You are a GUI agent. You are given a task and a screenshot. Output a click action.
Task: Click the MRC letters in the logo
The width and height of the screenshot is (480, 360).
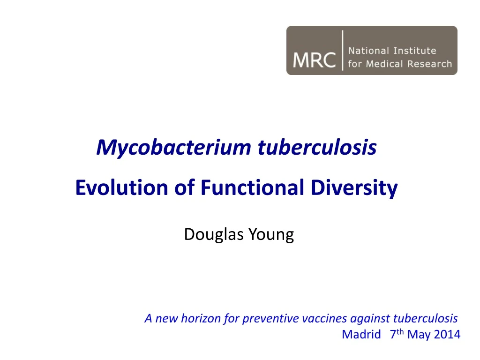pos(314,60)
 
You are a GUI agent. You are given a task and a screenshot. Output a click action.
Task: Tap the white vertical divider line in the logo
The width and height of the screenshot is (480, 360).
pos(343,51)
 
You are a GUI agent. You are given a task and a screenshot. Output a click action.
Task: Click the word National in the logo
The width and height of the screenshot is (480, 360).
pos(368,51)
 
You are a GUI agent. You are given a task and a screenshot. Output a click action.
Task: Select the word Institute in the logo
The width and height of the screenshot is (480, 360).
pos(415,51)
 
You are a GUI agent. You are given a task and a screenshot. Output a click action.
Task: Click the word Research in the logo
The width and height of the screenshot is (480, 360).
pos(430,64)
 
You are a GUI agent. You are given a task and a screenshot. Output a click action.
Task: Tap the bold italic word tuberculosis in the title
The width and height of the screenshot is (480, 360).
pos(317,148)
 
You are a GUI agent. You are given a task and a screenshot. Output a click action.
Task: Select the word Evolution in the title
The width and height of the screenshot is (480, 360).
pos(121,187)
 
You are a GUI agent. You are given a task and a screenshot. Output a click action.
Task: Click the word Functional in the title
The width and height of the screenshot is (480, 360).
pos(252,187)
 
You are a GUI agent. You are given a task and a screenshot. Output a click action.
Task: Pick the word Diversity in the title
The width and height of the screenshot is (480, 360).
pos(354,188)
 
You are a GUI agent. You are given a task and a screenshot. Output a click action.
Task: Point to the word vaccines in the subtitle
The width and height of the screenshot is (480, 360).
pos(324,318)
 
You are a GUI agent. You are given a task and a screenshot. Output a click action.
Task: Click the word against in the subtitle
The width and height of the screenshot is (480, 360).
pos(370,319)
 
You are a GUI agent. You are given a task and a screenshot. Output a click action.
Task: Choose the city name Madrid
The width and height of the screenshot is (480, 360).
pos(361,334)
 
